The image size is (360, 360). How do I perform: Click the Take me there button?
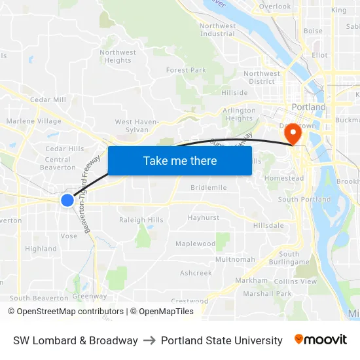(x=179, y=160)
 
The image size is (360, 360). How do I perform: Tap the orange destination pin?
(x=291, y=134)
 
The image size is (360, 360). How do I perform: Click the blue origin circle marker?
(x=67, y=200)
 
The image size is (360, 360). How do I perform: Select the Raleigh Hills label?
(x=141, y=220)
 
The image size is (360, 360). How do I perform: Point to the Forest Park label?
(x=186, y=70)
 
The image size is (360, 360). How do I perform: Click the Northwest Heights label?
(x=118, y=56)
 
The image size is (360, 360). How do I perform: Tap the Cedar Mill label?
(x=48, y=99)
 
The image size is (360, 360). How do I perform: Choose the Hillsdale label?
(x=268, y=225)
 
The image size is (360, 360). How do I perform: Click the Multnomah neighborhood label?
(x=235, y=259)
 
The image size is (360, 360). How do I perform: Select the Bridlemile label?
(x=208, y=187)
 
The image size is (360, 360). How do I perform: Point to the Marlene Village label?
(x=33, y=121)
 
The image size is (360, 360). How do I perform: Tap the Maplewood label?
(x=195, y=243)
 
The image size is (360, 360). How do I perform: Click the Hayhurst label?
(x=203, y=217)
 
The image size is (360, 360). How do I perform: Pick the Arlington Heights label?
(x=239, y=115)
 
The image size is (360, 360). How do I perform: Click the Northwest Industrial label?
(x=217, y=29)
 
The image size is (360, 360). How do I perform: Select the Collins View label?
(x=295, y=281)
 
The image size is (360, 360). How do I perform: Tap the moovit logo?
(x=320, y=340)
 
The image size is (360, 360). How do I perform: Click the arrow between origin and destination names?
(x=149, y=340)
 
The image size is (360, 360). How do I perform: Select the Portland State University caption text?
(x=221, y=340)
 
